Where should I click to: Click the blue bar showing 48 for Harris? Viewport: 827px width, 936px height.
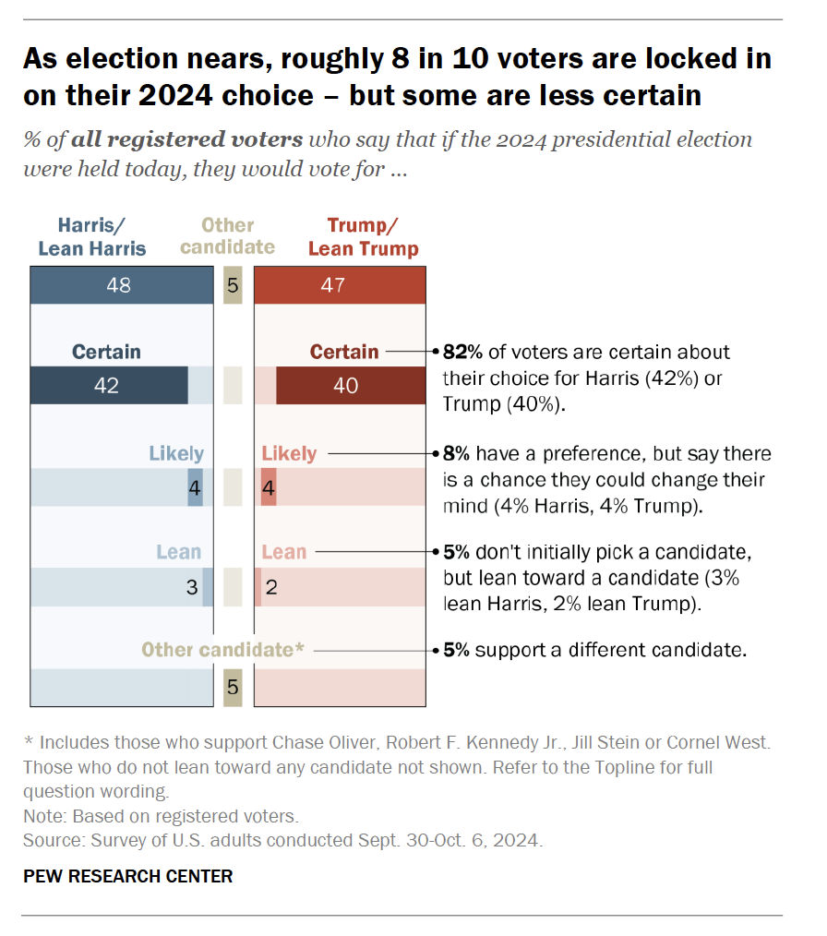point(121,285)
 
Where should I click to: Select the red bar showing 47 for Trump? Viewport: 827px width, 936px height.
point(340,285)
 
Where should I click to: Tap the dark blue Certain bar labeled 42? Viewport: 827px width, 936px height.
point(108,386)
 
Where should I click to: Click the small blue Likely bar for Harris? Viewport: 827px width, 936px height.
point(195,487)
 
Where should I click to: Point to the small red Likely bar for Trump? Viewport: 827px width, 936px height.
point(269,487)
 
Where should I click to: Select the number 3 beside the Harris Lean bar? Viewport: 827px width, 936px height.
point(191,588)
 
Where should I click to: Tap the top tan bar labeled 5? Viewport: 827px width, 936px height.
point(233,285)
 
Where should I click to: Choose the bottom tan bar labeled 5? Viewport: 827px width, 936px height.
point(233,688)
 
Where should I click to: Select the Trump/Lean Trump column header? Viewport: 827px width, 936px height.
point(363,236)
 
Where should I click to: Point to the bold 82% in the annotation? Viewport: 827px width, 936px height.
point(461,352)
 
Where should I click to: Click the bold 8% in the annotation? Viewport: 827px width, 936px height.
point(456,453)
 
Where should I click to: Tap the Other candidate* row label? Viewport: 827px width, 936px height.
point(222,650)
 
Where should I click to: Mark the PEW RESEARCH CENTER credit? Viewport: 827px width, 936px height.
point(128,876)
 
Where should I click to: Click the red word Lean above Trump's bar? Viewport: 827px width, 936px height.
point(284,552)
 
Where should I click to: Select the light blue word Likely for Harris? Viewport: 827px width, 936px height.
point(176,453)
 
